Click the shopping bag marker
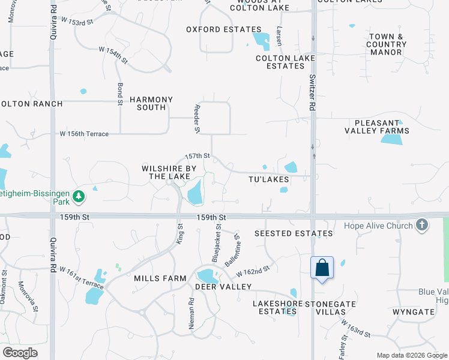click(322, 268)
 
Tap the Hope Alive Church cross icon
click(422, 226)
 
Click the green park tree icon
click(79, 196)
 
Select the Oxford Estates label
click(223, 29)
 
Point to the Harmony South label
click(151, 103)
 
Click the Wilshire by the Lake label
click(169, 172)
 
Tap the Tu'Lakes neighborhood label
click(269, 179)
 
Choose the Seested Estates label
click(294, 233)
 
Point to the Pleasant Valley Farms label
click(377, 126)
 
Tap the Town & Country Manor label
click(386, 44)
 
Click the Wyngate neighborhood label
click(413, 312)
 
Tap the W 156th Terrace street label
click(84, 134)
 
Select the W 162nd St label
click(253, 272)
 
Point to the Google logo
click(20, 353)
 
